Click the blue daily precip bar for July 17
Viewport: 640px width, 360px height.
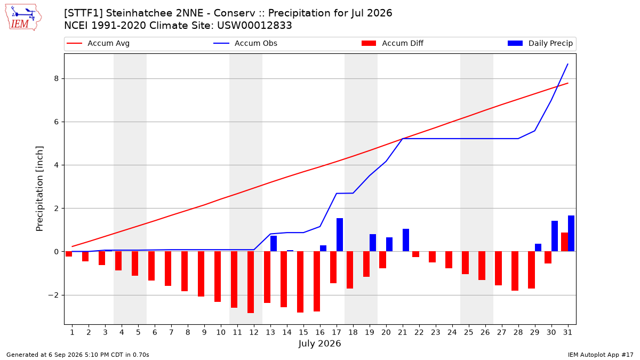tap(340, 235)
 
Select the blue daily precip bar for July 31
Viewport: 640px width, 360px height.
tap(571, 234)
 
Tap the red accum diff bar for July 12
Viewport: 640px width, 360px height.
tap(251, 282)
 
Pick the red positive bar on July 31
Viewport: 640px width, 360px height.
tap(565, 242)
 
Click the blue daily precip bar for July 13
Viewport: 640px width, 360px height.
tap(274, 244)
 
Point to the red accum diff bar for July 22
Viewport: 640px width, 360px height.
tap(415, 254)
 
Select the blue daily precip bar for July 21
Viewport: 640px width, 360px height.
tap(406, 241)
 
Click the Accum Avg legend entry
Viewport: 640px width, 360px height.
tap(98, 43)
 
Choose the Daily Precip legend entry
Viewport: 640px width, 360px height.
tap(540, 43)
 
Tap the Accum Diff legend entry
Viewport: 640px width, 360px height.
tap(393, 43)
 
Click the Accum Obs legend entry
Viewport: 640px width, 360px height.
tap(245, 43)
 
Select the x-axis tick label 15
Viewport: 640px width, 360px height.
tap(303, 332)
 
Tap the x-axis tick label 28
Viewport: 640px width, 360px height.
tap(518, 332)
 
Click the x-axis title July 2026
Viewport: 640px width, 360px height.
tap(319, 343)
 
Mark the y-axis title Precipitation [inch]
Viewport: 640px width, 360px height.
tap(39, 189)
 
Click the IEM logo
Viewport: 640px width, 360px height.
tap(23, 18)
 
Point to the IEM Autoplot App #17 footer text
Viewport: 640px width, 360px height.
tap(601, 355)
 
